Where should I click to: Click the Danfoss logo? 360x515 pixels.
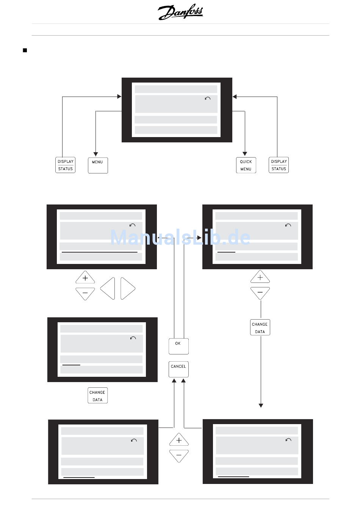point(180,12)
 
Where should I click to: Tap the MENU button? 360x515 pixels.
point(98,165)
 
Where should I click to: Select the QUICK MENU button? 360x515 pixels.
point(246,165)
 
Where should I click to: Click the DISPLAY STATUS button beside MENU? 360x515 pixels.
point(65,165)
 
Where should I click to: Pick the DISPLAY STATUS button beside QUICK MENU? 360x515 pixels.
point(279,165)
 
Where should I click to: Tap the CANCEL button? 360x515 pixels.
point(178,369)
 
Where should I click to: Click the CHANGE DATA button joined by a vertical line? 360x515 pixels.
point(260,328)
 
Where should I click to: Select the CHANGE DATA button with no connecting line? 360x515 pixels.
point(97,396)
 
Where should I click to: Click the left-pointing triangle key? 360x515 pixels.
point(108,289)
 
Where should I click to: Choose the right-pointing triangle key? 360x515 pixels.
point(127,289)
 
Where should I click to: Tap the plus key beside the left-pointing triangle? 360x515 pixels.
point(85,278)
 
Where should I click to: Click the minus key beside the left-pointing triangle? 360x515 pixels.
point(85,293)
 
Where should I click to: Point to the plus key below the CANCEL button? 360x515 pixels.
point(179,440)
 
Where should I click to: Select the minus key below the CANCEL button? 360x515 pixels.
point(179,456)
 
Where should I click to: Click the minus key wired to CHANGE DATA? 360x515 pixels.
point(260,293)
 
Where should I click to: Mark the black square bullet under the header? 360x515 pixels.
point(25,50)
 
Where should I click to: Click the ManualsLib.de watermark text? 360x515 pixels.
point(180,237)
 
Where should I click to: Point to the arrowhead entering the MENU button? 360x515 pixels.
point(96,154)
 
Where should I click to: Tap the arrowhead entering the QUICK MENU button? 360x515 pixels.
point(245,154)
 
